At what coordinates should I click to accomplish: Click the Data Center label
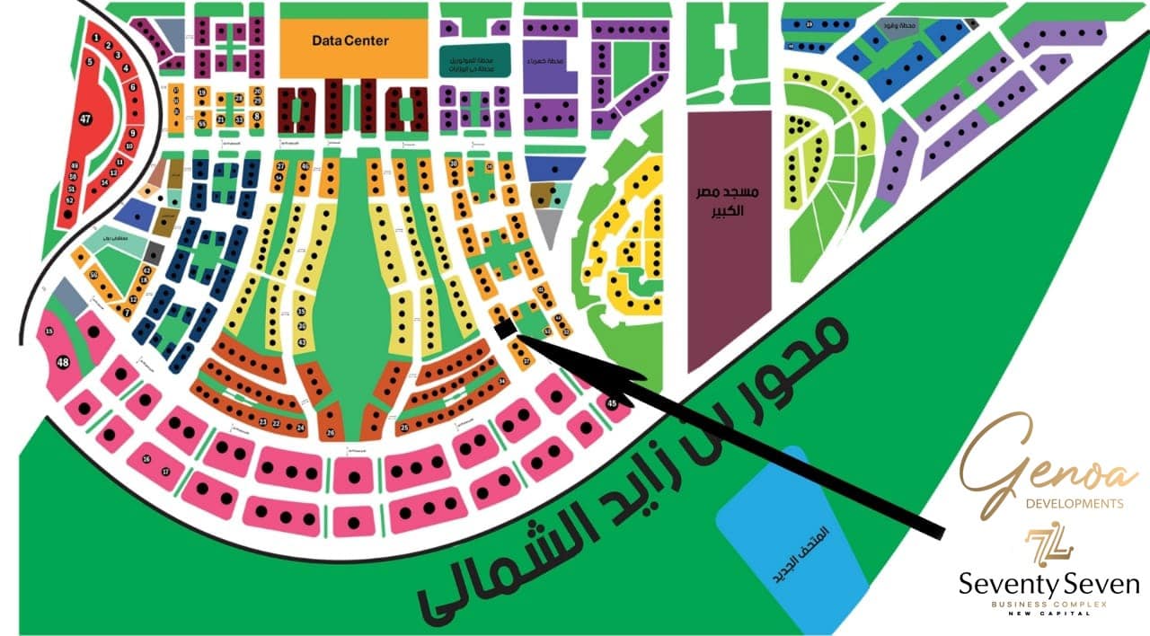(x=350, y=40)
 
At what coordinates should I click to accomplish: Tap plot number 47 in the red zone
(x=85, y=119)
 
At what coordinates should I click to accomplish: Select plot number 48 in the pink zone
(x=63, y=363)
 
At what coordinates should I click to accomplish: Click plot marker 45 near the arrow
(x=613, y=403)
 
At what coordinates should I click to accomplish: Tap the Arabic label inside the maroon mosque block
(x=729, y=202)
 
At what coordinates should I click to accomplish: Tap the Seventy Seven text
(x=1049, y=586)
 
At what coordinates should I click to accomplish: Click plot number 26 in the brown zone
(x=331, y=433)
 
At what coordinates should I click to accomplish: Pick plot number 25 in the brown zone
(x=404, y=428)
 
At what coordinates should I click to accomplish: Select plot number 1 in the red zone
(x=94, y=38)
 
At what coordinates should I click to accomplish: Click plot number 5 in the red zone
(x=90, y=62)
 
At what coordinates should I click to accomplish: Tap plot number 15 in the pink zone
(x=49, y=331)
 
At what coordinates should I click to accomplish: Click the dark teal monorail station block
(x=474, y=59)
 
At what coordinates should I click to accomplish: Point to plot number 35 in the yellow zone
(x=302, y=312)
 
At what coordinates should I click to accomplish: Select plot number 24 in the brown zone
(x=300, y=427)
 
